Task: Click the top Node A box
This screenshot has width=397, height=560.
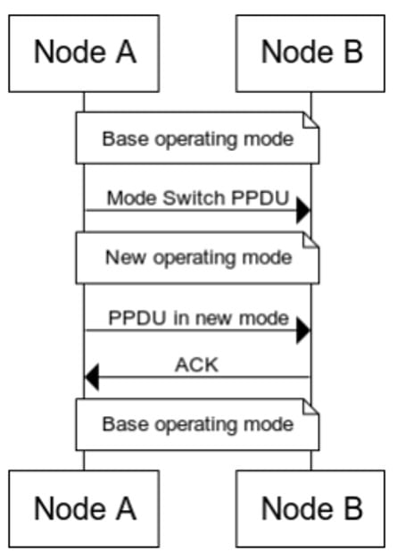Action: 84,54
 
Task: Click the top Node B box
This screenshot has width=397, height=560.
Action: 310,54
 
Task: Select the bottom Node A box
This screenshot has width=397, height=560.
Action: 84,508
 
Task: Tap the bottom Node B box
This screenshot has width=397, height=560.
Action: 310,508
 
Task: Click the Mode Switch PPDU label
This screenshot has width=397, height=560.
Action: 198,198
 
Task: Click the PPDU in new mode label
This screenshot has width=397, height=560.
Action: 198,317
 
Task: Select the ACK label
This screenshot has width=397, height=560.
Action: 196,365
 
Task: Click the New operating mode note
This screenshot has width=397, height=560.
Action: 197,258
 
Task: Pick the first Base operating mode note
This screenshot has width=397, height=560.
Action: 197,138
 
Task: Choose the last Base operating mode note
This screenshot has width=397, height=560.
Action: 197,424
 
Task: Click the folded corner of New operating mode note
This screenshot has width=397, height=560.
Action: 310,240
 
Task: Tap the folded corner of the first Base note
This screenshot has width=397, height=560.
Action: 310,120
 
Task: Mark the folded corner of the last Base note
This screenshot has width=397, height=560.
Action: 310,406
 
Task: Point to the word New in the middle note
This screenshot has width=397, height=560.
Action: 126,257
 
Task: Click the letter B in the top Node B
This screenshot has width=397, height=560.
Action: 353,52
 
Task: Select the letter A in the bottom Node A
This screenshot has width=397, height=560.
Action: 127,508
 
